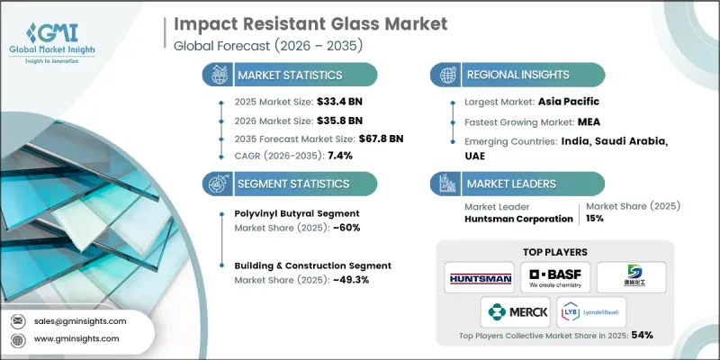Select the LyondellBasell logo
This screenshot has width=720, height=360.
point(591,312)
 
